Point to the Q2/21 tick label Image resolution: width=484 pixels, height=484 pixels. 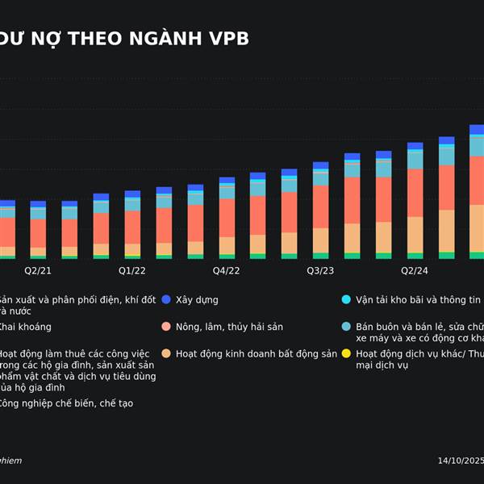pyautogui.click(x=38, y=270)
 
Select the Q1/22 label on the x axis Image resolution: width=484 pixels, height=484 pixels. pyautogui.click(x=132, y=270)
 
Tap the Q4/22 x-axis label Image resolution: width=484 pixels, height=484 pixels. pyautogui.click(x=227, y=270)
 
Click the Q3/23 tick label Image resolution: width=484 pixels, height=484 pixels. pyautogui.click(x=320, y=270)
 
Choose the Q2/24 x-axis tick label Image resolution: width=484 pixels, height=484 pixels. pyautogui.click(x=415, y=270)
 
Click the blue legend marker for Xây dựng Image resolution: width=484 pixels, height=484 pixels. pyautogui.click(x=166, y=299)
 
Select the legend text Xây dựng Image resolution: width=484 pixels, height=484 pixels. pyautogui.click(x=197, y=299)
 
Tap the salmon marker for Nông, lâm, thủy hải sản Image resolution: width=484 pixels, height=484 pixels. pyautogui.click(x=166, y=327)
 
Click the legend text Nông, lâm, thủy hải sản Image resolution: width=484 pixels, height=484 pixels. pyautogui.click(x=229, y=327)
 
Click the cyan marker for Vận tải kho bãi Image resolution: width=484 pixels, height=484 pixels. pyautogui.click(x=346, y=299)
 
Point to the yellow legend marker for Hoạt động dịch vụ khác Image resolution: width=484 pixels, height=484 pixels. pyautogui.click(x=346, y=353)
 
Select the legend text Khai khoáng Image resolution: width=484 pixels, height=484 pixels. pyautogui.click(x=24, y=327)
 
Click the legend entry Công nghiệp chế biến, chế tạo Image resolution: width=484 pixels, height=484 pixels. pyautogui.click(x=65, y=403)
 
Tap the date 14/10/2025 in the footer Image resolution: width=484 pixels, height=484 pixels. pyautogui.click(x=460, y=461)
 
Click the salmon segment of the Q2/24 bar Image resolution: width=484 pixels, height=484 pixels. pyautogui.click(x=415, y=192)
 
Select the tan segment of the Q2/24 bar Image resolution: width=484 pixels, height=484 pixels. pyautogui.click(x=415, y=235)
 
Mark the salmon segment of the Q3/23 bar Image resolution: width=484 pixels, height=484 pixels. pyautogui.click(x=320, y=207)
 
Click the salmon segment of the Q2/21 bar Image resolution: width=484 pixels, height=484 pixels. pyautogui.click(x=38, y=232)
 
